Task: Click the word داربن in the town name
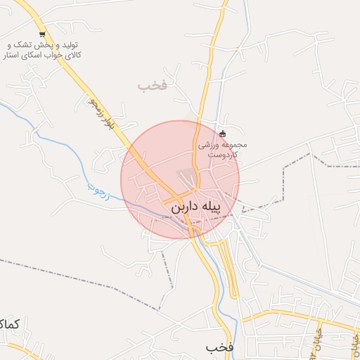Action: pos(184,208)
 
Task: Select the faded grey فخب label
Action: pos(152,86)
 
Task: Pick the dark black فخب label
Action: pos(219,347)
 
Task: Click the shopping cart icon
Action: pos(43,34)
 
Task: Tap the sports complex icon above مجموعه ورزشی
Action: pos(223,134)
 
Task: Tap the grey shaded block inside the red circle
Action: pos(186,176)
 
